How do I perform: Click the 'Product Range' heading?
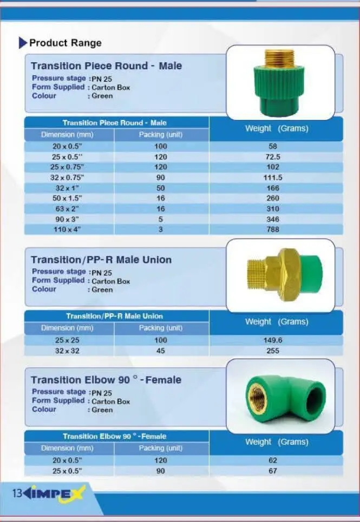66,43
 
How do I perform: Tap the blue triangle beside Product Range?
23,43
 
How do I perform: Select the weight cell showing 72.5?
273,157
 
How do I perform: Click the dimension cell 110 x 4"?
67,229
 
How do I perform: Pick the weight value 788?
273,229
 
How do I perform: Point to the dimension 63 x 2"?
67,209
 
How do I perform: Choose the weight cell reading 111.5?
273,177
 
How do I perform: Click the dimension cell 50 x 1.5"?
67,198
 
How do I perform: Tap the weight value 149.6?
273,340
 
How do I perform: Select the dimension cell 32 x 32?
67,351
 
